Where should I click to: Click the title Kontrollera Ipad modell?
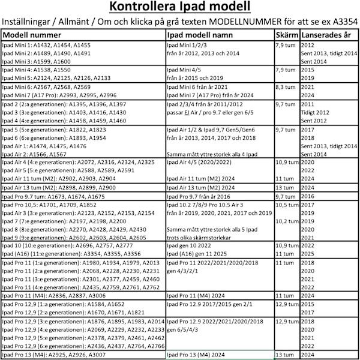click(x=180, y=8)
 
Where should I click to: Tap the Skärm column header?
click(x=287, y=35)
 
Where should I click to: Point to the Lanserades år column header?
click(x=328, y=35)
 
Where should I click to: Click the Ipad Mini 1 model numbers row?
click(x=47, y=45)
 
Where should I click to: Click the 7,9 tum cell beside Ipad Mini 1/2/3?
click(x=286, y=45)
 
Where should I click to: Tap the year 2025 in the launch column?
click(x=308, y=254)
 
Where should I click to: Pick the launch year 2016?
click(x=308, y=196)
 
